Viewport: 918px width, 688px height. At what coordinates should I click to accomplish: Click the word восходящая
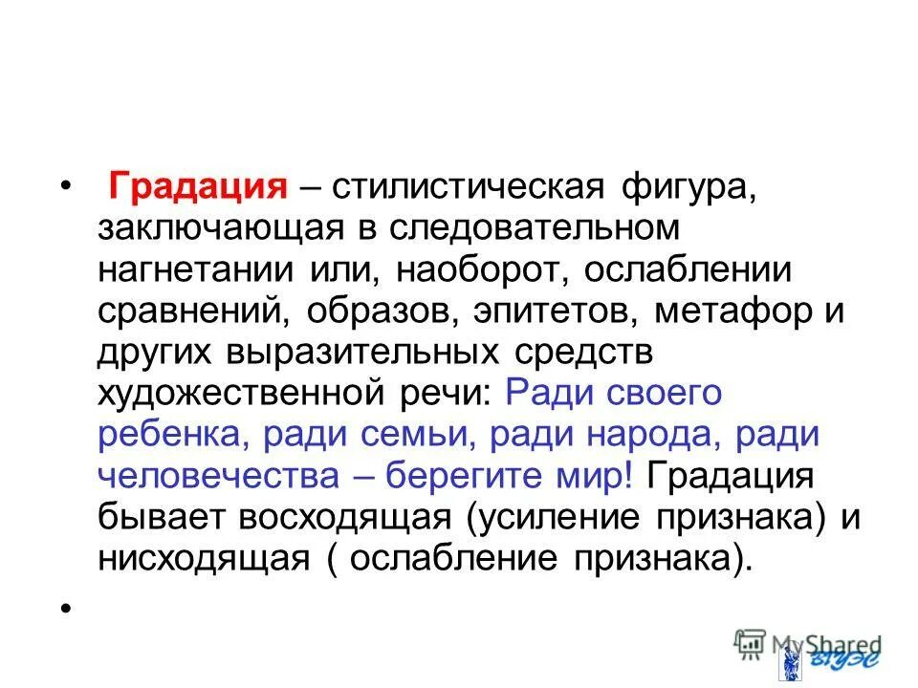pyautogui.click(x=345, y=516)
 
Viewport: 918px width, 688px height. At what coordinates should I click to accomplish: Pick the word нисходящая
pyautogui.click(x=204, y=557)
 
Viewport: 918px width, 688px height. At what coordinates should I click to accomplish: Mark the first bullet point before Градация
pyautogui.click(x=65, y=184)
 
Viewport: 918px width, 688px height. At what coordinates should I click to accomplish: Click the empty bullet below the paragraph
pyautogui.click(x=65, y=608)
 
